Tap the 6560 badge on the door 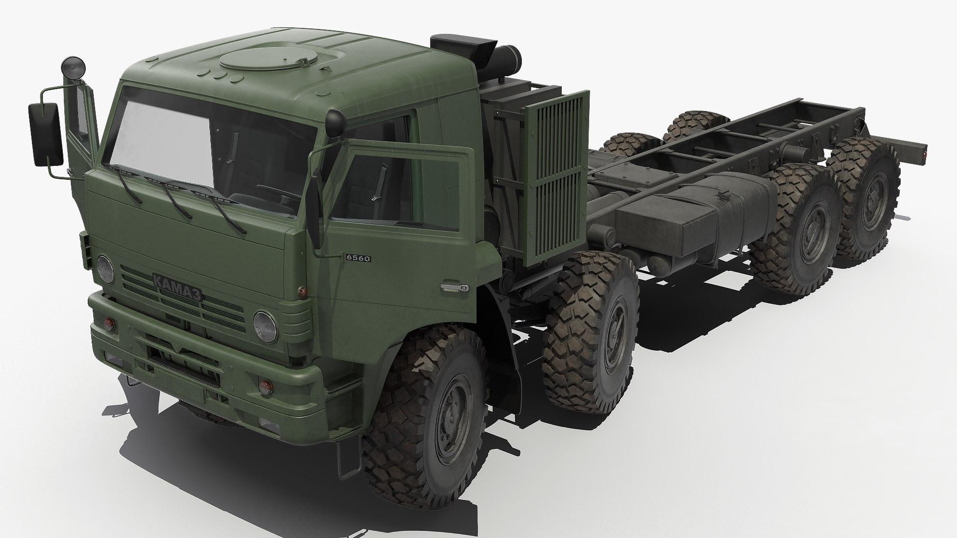click(358, 258)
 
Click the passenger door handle click(454, 288)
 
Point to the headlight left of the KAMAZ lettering click(105, 269)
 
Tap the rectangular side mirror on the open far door click(46, 134)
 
